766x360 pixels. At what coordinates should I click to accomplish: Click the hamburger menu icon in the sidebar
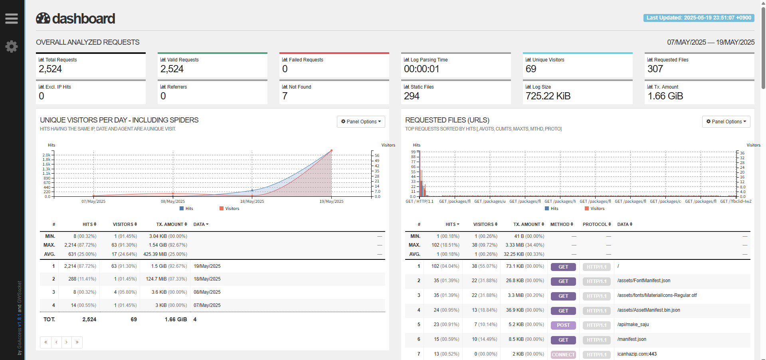coord(11,18)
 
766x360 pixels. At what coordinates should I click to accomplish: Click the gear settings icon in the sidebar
coord(11,47)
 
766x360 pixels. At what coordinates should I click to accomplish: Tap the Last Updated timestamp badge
coord(699,18)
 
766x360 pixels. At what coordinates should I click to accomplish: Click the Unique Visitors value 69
coord(531,69)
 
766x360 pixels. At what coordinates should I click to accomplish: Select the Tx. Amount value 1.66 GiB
coord(665,96)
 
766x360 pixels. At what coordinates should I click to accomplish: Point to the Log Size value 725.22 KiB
coord(548,96)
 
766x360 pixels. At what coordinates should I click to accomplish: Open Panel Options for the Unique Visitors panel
coord(361,122)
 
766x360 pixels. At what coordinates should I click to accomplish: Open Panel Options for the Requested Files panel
coord(726,122)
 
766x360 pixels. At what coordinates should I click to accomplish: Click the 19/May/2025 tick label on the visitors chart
coord(331,202)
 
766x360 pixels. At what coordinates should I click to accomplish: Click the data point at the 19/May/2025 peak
coord(331,151)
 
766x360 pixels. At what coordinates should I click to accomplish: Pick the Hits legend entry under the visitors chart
coord(186,209)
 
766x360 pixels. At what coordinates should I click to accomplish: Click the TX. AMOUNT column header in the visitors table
coord(172,224)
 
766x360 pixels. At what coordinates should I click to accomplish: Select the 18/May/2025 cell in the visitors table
coord(207,279)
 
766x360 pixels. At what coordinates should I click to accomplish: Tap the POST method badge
coord(563,325)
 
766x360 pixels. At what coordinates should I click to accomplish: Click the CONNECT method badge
coord(563,355)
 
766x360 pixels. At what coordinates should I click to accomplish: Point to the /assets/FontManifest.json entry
coord(644,281)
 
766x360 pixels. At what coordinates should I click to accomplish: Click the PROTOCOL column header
coord(597,224)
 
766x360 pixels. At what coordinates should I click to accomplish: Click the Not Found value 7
coord(285,96)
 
